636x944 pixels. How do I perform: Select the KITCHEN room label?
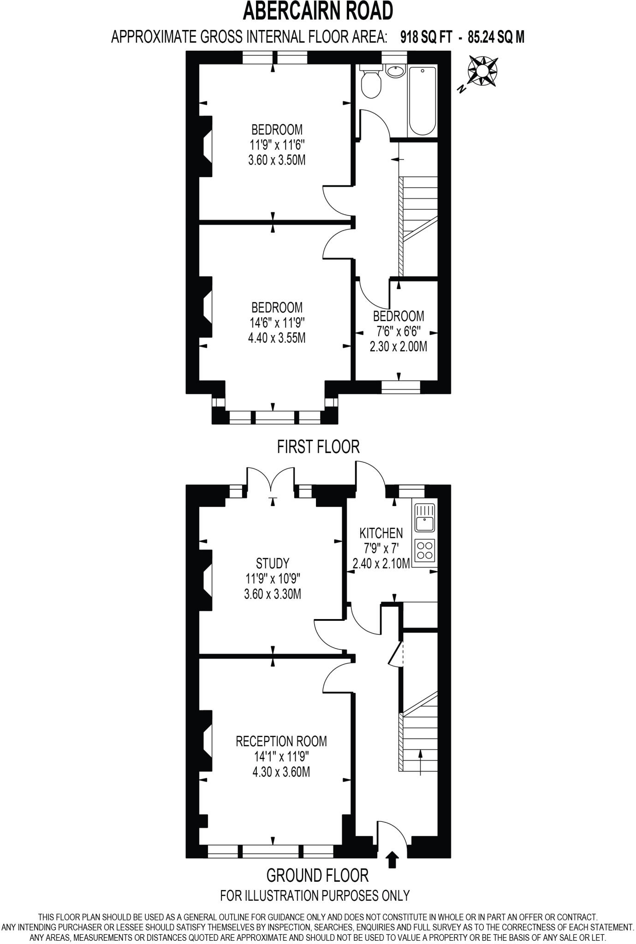tap(381, 533)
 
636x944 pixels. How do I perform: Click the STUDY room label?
tap(273, 563)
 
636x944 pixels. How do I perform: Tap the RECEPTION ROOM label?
tap(281, 741)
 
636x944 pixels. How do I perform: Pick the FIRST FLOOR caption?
tap(318, 447)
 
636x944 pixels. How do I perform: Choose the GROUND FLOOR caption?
tap(318, 875)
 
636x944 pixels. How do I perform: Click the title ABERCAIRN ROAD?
tap(318, 11)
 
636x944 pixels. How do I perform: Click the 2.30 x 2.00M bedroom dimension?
tap(398, 346)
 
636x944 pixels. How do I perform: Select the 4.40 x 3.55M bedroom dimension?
tap(277, 338)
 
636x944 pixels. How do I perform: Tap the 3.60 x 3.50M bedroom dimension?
tap(277, 160)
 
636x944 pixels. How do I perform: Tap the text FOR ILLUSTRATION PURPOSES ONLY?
tap(315, 895)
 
